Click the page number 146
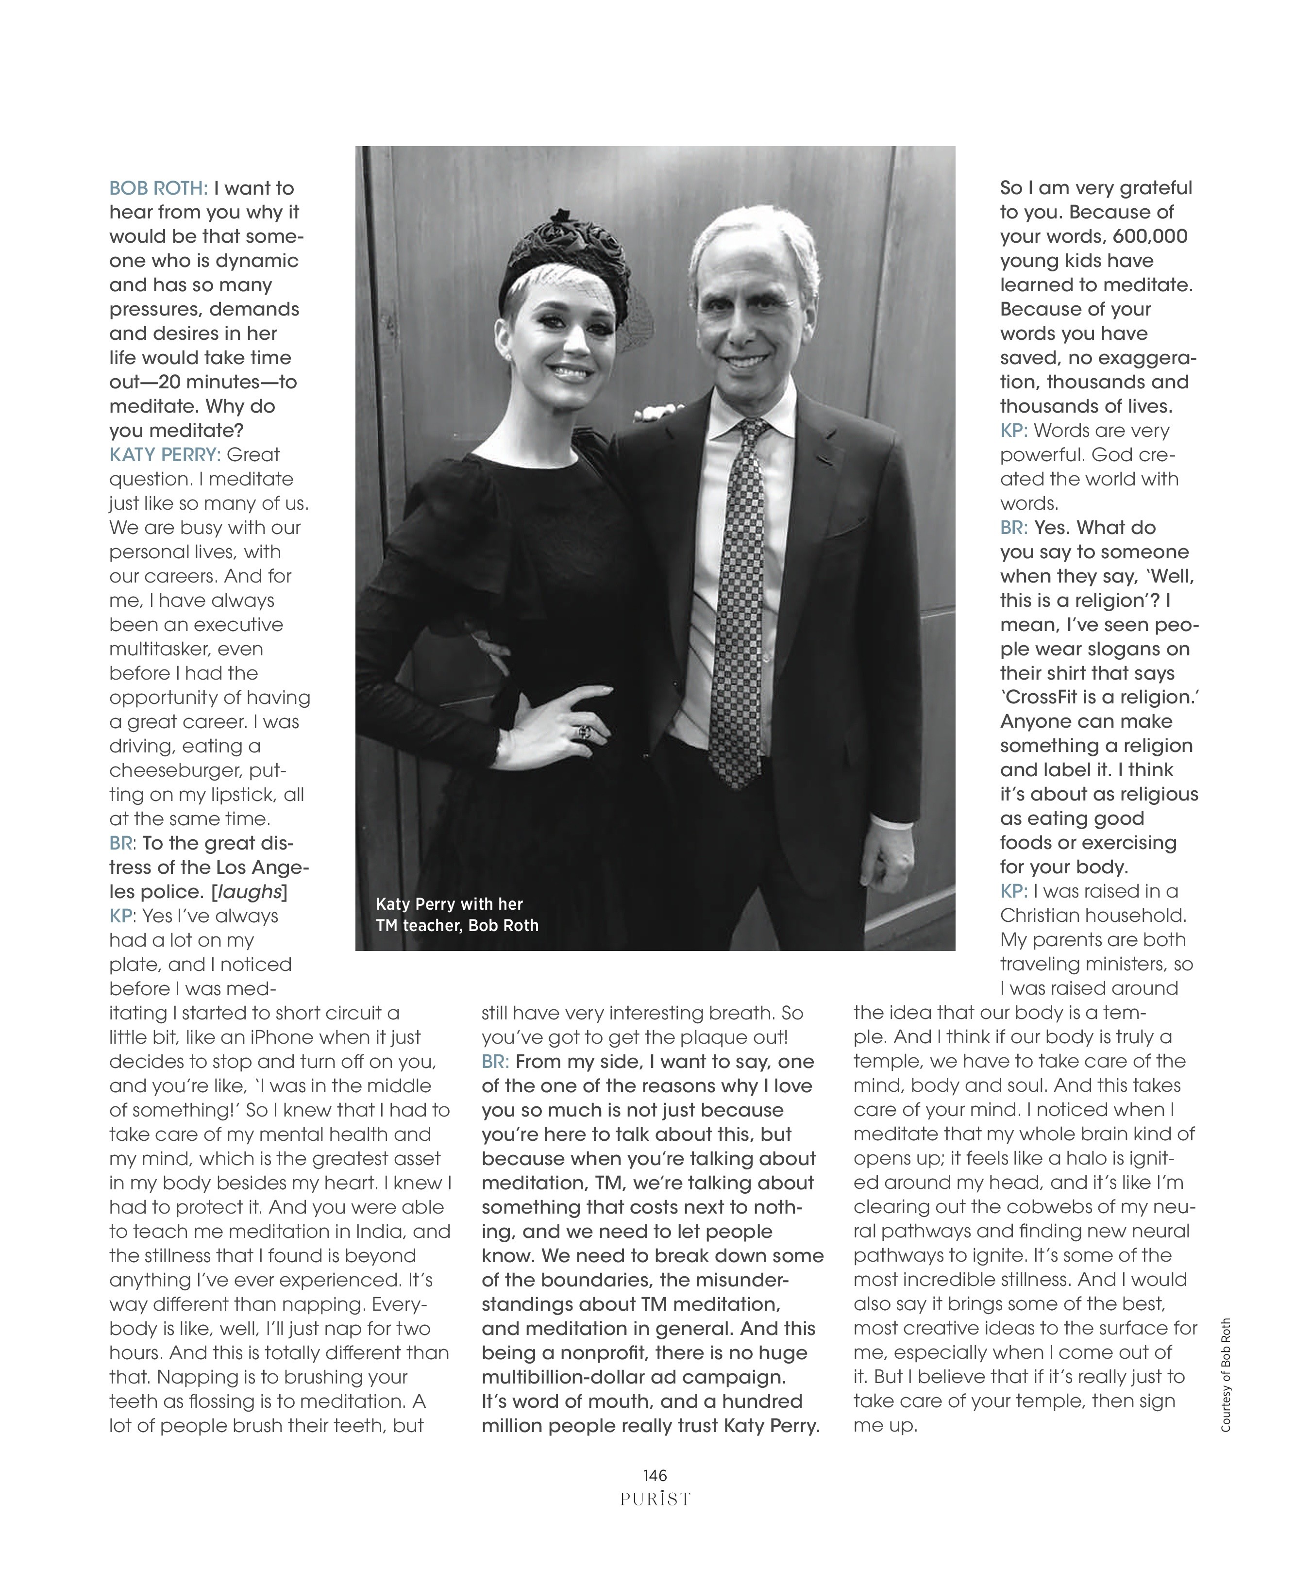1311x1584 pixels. pyautogui.click(x=655, y=1475)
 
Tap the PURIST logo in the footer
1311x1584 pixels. pyautogui.click(x=655, y=1499)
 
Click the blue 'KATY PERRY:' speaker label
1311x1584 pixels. pyautogui.click(x=165, y=455)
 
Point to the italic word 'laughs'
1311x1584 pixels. pyautogui.click(x=250, y=892)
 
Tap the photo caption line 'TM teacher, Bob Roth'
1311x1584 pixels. pyautogui.click(x=457, y=926)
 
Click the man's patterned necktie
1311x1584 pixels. pyautogui.click(x=742, y=603)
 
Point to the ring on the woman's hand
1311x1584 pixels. pyautogui.click(x=585, y=731)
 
